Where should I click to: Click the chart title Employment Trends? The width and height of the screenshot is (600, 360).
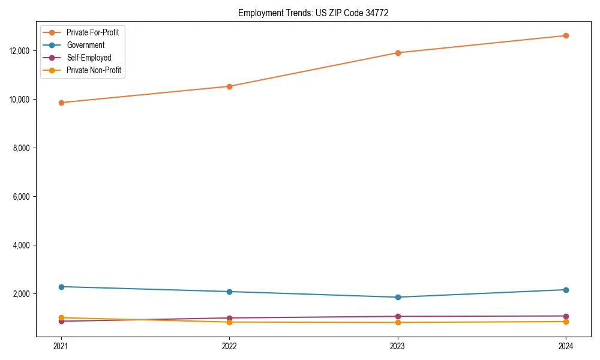coord(313,13)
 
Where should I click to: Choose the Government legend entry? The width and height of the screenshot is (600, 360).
coord(85,45)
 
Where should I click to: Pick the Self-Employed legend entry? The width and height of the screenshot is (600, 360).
coord(89,58)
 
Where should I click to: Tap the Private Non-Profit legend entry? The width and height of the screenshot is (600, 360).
coord(94,70)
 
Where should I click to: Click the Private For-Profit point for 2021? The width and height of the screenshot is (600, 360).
coord(61,103)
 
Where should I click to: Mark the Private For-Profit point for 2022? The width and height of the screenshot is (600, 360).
coord(229,86)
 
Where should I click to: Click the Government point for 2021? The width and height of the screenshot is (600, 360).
coord(61,287)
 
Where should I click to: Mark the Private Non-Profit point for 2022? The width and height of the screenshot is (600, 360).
coord(229,322)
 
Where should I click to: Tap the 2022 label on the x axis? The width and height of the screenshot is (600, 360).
coord(229,346)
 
